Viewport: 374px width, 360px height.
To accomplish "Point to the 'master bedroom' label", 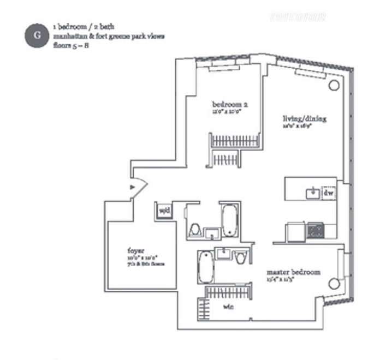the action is pos(293,272).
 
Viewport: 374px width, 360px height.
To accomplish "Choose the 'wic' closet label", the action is pos(229,307).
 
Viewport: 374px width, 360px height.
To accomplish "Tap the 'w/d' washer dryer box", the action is pos(163,209).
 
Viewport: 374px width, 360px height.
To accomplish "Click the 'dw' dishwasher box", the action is pos(328,193).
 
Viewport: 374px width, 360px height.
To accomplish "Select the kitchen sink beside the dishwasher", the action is pos(313,193).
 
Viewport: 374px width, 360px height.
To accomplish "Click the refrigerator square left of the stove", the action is pos(295,231).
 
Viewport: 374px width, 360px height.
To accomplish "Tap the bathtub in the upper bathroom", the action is pos(230,220).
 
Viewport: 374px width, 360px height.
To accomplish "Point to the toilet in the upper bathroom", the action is pos(194,231).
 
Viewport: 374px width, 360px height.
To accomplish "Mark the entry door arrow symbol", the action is pos(133,188).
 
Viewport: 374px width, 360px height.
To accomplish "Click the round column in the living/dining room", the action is pos(333,86).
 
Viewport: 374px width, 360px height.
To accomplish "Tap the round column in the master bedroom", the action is pos(333,283).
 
